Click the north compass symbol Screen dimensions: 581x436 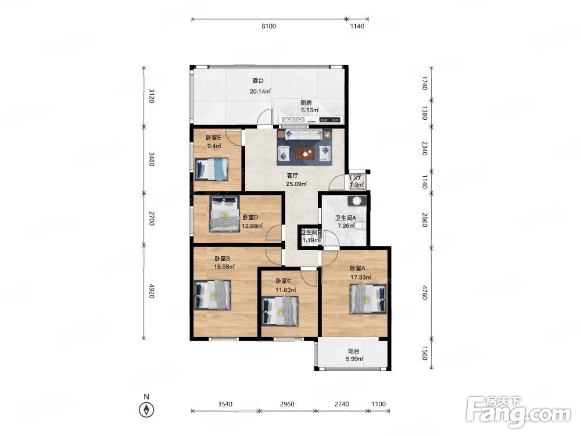pyautogui.click(x=146, y=410)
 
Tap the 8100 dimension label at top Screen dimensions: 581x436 pyautogui.click(x=268, y=26)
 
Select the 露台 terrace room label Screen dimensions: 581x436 pyautogui.click(x=258, y=81)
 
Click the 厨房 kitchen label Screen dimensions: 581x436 pyautogui.click(x=306, y=103)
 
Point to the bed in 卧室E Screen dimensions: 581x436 pyautogui.click(x=211, y=169)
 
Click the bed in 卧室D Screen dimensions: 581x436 pyautogui.click(x=224, y=214)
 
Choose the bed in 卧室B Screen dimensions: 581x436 pyautogui.click(x=213, y=295)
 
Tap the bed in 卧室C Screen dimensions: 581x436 pyautogui.click(x=280, y=311)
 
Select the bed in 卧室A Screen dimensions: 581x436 pyautogui.click(x=368, y=299)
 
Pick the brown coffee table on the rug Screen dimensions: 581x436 pyautogui.click(x=304, y=152)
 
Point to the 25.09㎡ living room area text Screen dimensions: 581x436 pyautogui.click(x=296, y=184)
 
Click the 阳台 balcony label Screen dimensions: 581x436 pyautogui.click(x=354, y=352)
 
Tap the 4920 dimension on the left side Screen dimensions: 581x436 pyautogui.click(x=152, y=291)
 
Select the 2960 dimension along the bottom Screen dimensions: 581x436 pyautogui.click(x=287, y=404)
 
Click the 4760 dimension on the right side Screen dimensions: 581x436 pyautogui.click(x=425, y=292)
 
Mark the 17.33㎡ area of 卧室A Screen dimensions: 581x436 pyautogui.click(x=361, y=277)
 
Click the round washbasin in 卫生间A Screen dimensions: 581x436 pyautogui.click(x=357, y=201)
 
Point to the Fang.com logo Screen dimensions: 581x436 pyautogui.click(x=519, y=412)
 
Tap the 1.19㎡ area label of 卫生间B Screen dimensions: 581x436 pyautogui.click(x=311, y=240)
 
